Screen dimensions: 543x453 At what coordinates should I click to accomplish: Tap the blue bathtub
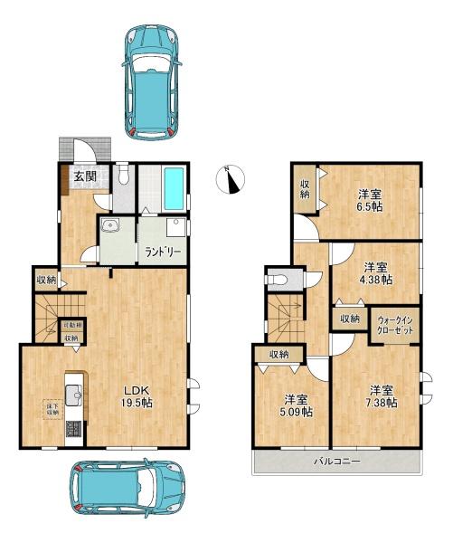coord(175,189)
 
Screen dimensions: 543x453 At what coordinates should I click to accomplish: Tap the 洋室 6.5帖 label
coord(369,200)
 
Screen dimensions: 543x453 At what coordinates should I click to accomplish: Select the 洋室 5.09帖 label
coord(296,405)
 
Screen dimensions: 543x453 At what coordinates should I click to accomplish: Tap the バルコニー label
coord(338,462)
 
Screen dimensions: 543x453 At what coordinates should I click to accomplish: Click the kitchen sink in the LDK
coord(73,393)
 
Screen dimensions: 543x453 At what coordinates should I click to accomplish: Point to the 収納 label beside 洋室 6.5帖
coord(305,187)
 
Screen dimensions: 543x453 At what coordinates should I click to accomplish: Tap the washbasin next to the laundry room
coord(111,227)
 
